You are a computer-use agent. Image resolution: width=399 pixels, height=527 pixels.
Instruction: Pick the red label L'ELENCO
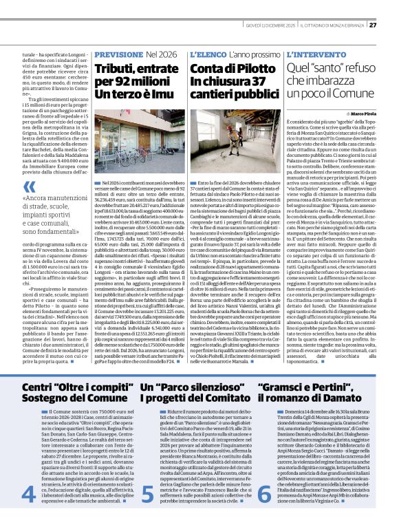point(208,53)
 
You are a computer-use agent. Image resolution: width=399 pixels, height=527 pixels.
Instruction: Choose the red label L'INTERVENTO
point(313,53)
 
